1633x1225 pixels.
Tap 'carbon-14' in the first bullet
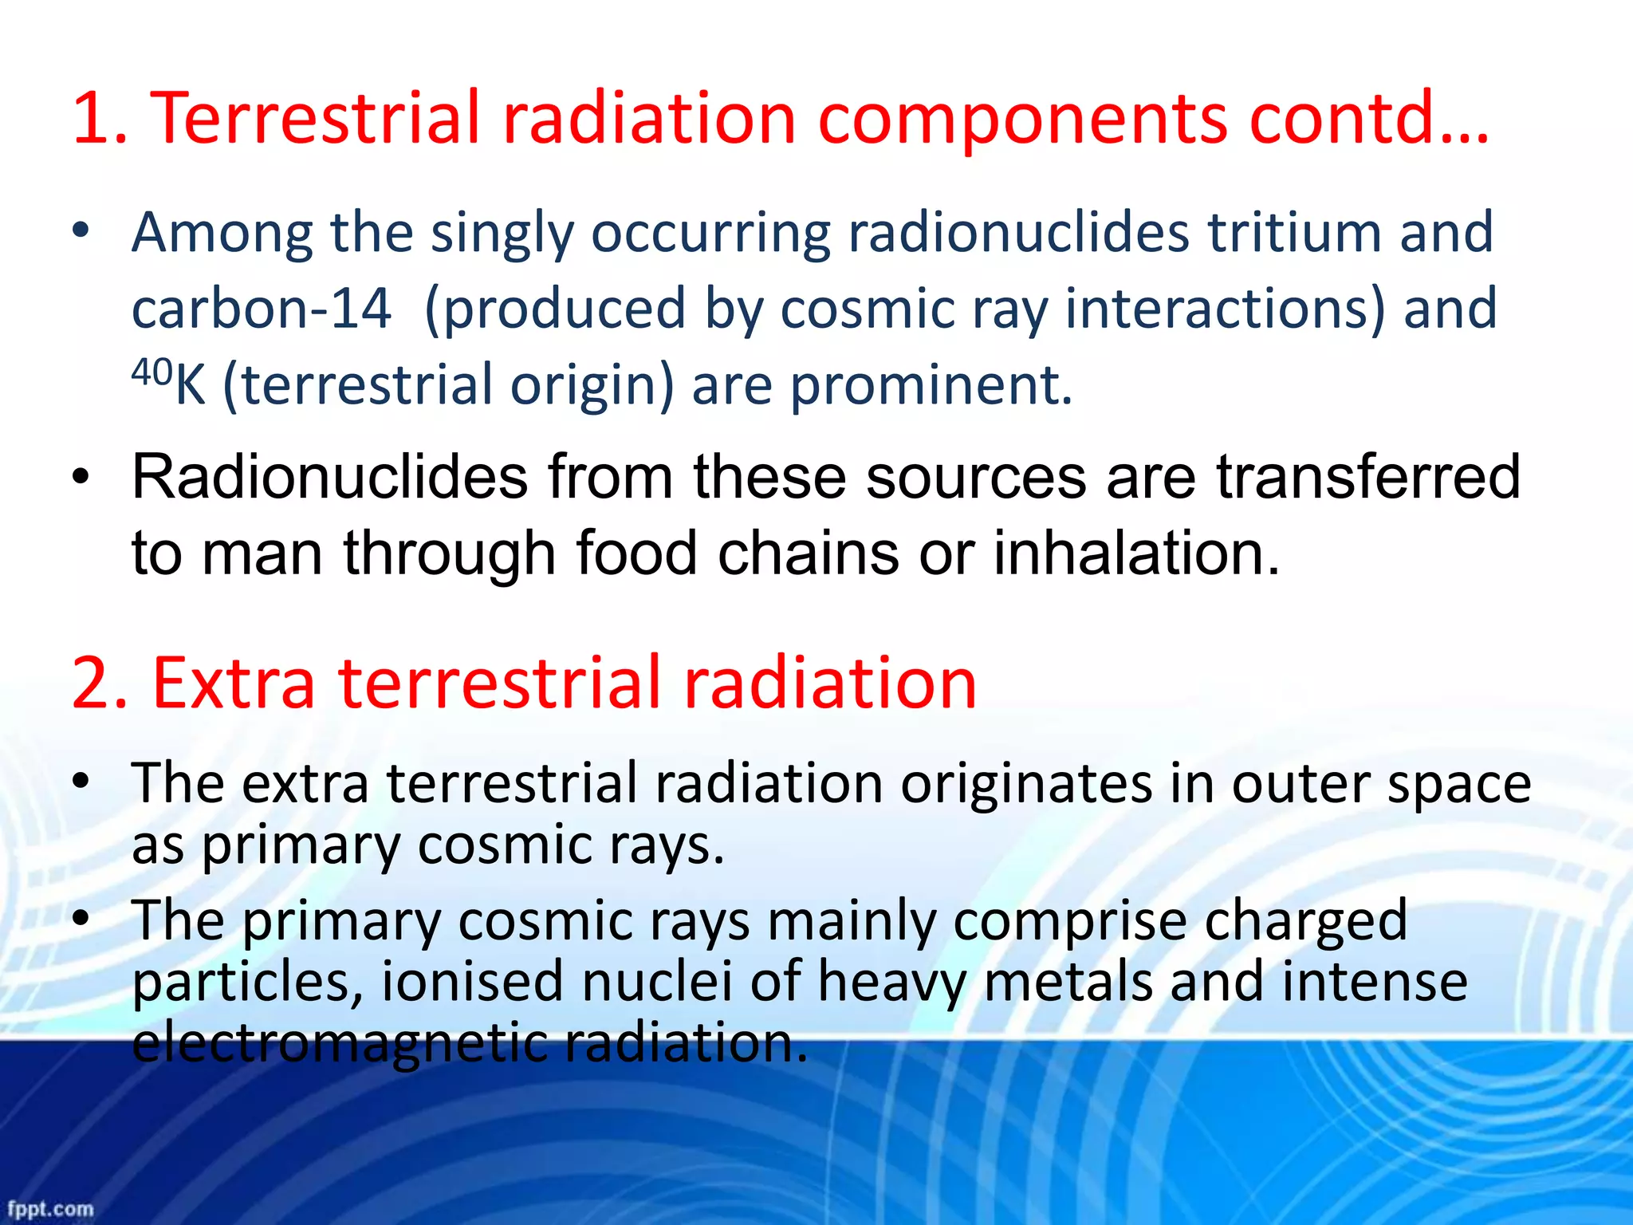pos(262,309)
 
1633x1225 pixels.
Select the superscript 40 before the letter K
pos(151,372)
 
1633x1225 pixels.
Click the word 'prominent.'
pos(931,385)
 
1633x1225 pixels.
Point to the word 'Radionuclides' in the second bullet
pos(329,477)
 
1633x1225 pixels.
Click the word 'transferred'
pos(1367,477)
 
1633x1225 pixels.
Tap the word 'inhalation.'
pos(1136,553)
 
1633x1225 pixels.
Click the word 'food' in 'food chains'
pos(636,553)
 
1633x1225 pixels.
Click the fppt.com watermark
pos(50,1208)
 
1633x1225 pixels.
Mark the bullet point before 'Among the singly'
pos(81,231)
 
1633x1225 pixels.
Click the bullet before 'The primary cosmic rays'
pos(81,919)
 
